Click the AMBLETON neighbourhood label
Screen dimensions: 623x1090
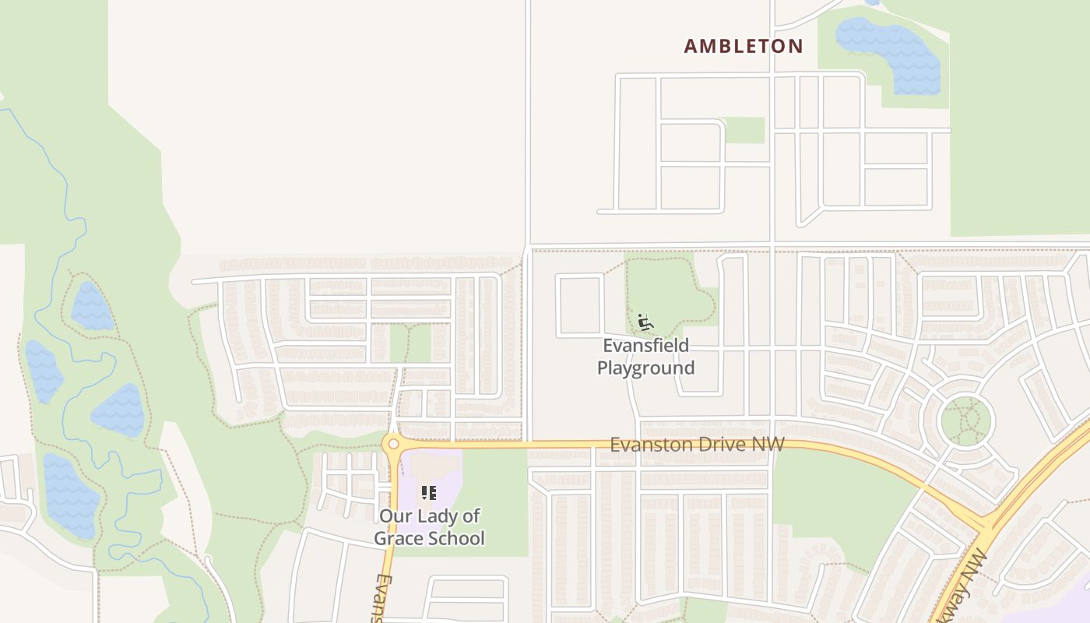tap(743, 47)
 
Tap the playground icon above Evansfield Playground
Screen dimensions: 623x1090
tap(645, 322)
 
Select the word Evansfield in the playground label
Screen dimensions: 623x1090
tap(645, 345)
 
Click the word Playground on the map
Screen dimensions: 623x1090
tap(645, 368)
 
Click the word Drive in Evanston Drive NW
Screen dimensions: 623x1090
tap(721, 444)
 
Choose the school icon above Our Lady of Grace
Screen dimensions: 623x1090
tap(428, 492)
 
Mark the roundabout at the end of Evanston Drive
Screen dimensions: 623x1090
tap(392, 444)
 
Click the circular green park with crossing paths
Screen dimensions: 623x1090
tap(966, 421)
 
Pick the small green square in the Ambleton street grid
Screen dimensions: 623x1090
tap(745, 131)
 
